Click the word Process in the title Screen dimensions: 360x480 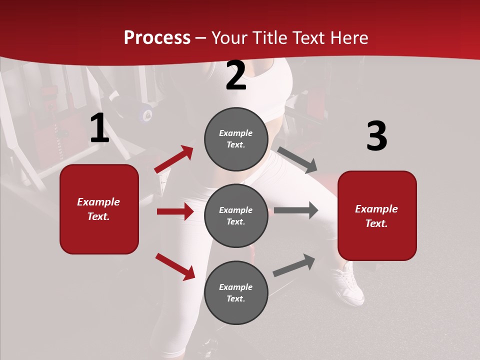tap(157, 38)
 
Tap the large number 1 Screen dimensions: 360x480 tap(99, 128)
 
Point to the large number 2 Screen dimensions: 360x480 tap(235, 76)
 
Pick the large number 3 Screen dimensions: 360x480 tap(376, 136)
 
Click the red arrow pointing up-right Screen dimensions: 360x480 tap(174, 159)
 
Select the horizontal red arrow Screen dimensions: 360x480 tap(175, 211)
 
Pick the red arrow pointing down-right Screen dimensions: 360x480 tap(175, 266)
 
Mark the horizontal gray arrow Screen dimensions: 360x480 tap(296, 210)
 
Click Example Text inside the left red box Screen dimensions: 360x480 tap(98, 209)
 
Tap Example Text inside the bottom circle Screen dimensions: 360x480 tap(235, 292)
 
